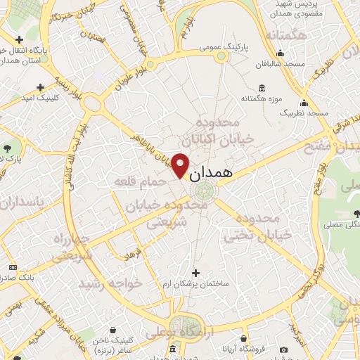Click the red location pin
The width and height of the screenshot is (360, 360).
pyautogui.click(x=181, y=165)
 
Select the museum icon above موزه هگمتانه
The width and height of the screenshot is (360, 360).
pyautogui.click(x=262, y=88)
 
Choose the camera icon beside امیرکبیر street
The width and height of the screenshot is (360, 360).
pyautogui.click(x=283, y=349)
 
